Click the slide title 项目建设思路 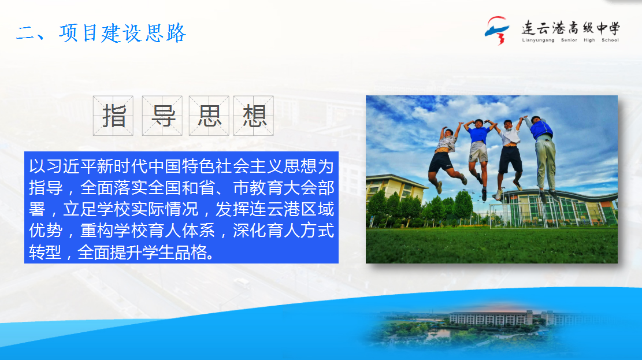(x=123, y=33)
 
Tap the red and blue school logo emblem (x=497, y=30)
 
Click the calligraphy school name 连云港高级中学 (x=571, y=28)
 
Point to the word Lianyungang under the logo (x=538, y=40)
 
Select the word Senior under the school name (x=569, y=40)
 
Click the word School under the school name (x=610, y=40)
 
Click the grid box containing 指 (x=113, y=116)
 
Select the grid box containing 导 (x=162, y=116)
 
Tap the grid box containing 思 (x=209, y=116)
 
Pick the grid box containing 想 (x=254, y=116)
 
